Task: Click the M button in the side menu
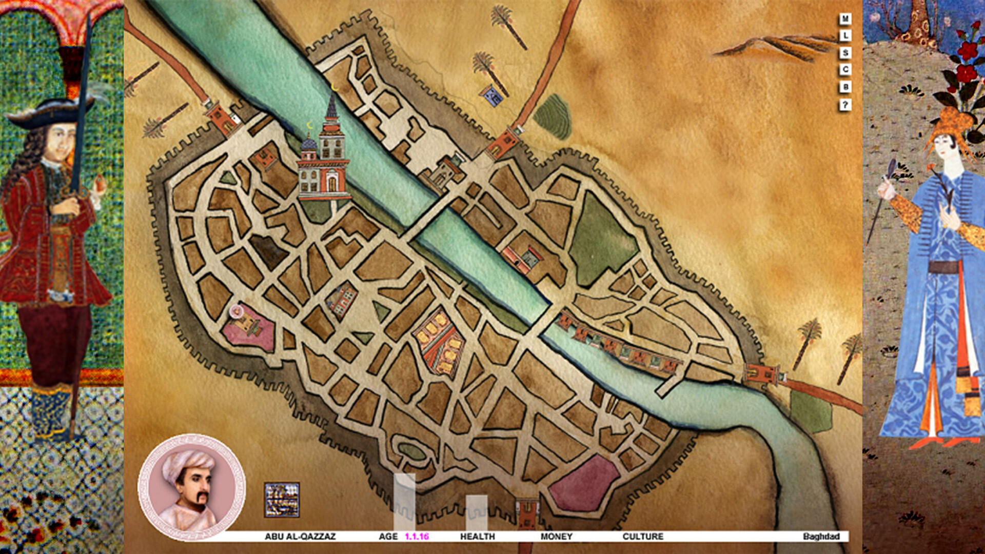click(845, 19)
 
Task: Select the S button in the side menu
click(845, 53)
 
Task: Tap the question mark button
click(845, 105)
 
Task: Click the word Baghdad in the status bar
click(820, 536)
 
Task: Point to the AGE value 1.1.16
click(417, 536)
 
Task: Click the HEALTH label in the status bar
click(477, 536)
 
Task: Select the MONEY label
click(556, 536)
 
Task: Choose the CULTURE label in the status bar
click(642, 536)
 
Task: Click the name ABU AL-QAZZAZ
click(300, 536)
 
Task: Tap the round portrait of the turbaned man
click(191, 487)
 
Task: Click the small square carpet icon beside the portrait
click(282, 500)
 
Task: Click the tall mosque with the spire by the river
click(327, 154)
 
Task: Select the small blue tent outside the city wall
click(491, 95)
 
